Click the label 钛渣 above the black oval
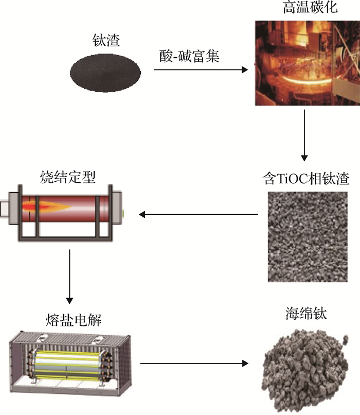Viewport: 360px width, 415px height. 106,41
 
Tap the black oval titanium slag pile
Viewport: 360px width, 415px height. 105,72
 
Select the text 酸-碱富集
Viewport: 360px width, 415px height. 189,56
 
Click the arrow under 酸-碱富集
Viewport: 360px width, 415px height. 201,70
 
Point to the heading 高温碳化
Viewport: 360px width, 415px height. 310,7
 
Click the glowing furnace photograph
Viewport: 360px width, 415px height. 307,63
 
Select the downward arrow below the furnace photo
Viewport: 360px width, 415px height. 304,135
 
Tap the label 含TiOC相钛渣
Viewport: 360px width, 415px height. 306,178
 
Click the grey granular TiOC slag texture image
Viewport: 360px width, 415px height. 308,237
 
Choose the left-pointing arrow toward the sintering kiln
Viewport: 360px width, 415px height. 199,214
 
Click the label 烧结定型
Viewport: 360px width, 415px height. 68,177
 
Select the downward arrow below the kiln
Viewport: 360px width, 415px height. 69,276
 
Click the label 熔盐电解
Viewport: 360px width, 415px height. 73,320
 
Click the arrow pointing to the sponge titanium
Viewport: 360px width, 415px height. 194,364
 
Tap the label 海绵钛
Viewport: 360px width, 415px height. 306,314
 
